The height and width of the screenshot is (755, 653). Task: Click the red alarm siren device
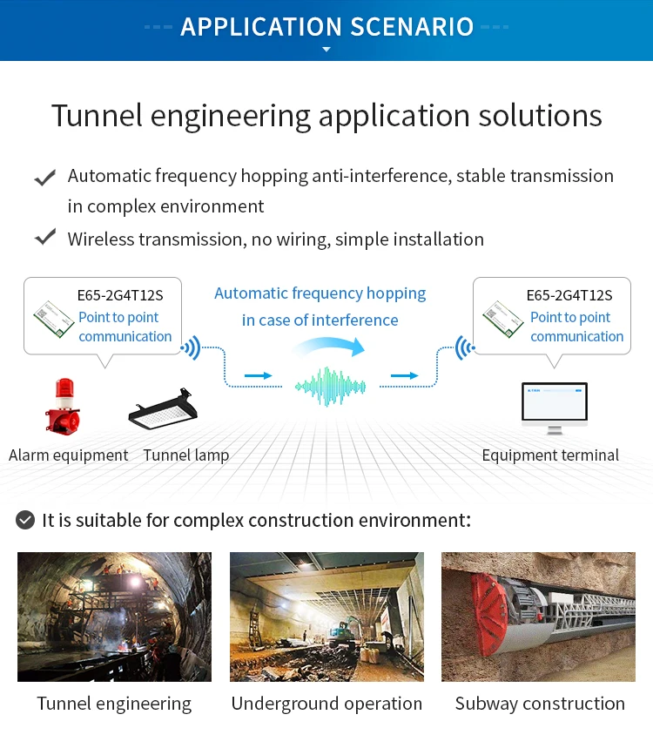point(63,406)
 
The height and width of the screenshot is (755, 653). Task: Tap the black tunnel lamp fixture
point(163,408)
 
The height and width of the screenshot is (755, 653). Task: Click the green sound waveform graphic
point(327,386)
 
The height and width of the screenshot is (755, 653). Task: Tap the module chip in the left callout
point(52,319)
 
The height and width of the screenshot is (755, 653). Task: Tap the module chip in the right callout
point(503,319)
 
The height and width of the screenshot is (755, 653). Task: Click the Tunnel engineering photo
point(114,617)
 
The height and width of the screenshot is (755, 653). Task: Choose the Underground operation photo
point(326,617)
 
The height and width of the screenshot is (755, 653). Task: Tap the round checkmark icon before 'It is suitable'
point(26,521)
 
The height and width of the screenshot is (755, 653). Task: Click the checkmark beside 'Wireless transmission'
point(44,238)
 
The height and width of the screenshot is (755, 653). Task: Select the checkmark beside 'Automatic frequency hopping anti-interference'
point(44,178)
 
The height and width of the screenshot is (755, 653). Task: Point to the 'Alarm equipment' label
point(68,455)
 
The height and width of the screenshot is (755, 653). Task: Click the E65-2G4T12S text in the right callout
point(569,295)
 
